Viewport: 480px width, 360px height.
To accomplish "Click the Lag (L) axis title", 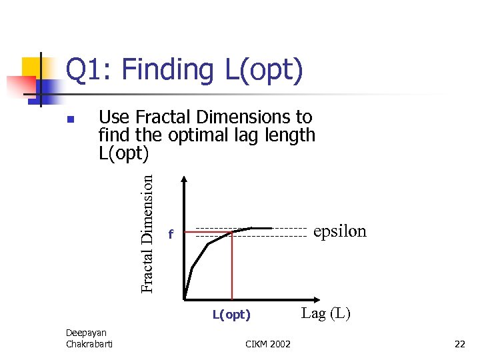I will (325, 313).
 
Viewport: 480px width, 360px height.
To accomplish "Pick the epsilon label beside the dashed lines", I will (339, 231).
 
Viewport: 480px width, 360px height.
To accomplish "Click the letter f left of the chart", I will (171, 235).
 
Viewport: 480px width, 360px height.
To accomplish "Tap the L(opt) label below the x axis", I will (231, 315).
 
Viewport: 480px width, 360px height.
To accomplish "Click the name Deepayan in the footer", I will (85, 333).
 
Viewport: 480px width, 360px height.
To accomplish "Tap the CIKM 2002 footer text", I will (268, 344).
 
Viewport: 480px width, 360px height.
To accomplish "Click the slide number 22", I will (459, 344).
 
